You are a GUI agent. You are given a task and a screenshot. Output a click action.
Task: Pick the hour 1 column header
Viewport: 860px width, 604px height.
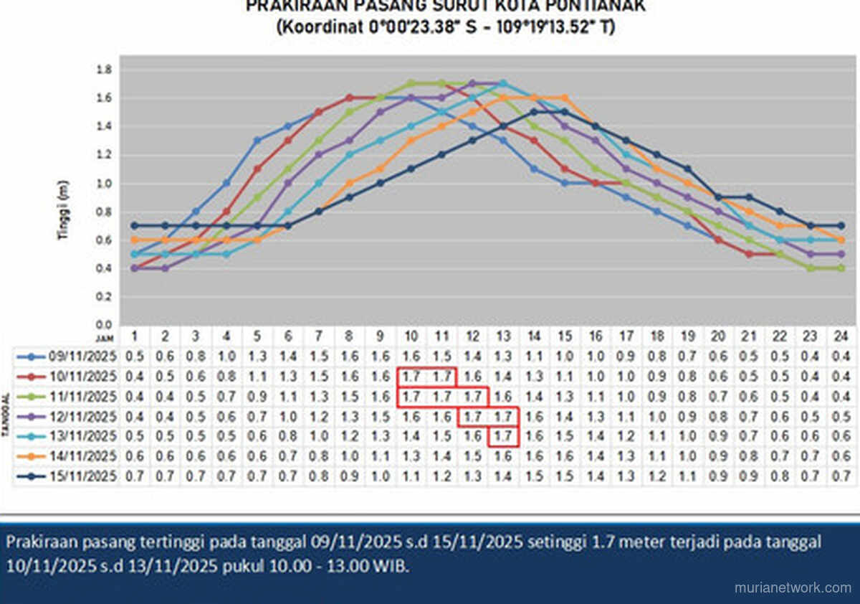(134, 336)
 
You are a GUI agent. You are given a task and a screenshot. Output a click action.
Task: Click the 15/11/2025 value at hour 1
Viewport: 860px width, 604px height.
(134, 476)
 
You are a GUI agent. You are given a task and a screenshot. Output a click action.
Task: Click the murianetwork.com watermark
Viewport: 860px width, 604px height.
(793, 588)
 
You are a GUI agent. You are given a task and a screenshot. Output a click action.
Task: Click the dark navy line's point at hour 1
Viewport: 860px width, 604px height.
(134, 225)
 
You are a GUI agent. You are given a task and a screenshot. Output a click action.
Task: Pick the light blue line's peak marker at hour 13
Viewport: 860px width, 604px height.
(502, 83)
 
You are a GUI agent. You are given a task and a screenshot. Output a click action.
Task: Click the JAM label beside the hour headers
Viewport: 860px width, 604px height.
(105, 336)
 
